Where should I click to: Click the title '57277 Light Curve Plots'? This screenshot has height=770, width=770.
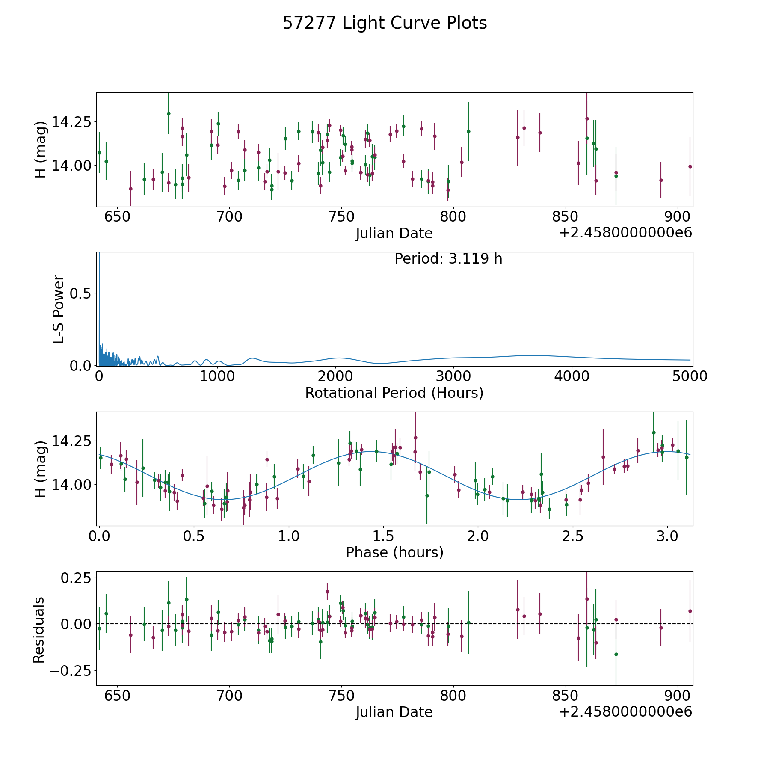(385, 23)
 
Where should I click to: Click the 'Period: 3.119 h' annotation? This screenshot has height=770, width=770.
(448, 259)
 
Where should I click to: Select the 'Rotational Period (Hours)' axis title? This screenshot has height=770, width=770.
(394, 393)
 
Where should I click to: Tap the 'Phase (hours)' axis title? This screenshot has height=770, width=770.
(394, 552)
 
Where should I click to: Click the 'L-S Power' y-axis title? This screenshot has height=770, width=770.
(59, 309)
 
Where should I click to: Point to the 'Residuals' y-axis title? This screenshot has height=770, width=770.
(39, 630)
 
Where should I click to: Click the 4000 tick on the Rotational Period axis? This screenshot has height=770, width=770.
(572, 376)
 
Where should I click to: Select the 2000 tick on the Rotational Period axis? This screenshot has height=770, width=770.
(335, 376)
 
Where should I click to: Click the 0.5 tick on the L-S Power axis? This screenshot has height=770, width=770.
(80, 293)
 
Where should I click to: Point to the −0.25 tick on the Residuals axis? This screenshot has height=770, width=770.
(71, 670)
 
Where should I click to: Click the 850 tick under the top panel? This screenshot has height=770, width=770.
(565, 217)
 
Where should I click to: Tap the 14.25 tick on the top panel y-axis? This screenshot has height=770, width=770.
(71, 122)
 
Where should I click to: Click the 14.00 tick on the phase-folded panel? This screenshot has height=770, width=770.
(71, 485)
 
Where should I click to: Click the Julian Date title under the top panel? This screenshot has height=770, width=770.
(394, 234)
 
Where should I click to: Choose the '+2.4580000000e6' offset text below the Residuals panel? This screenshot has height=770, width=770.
(625, 711)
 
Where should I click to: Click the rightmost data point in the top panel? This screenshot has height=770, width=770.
(690, 166)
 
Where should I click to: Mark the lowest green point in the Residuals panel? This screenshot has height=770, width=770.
(616, 654)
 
